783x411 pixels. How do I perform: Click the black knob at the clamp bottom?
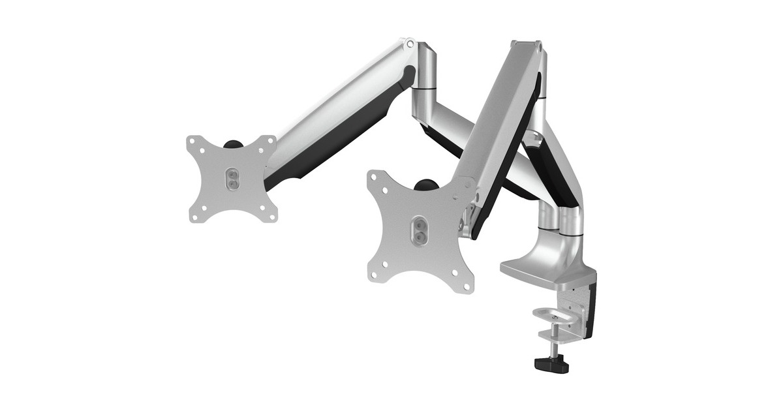[551, 363]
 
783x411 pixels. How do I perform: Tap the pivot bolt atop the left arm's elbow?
[409, 44]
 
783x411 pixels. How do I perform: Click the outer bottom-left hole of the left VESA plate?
[194, 217]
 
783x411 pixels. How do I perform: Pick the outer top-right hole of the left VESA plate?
[270, 140]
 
